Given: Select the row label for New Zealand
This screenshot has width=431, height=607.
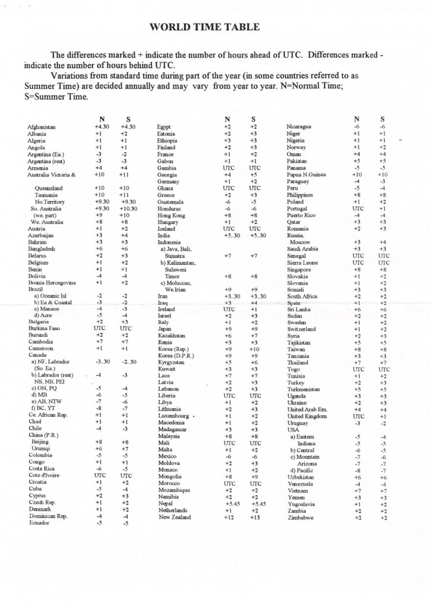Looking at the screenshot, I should pyautogui.click(x=175, y=517).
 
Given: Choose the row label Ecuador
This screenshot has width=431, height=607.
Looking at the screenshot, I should pyautogui.click(x=39, y=523).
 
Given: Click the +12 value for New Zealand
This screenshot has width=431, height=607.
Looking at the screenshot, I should pyautogui.click(x=227, y=517).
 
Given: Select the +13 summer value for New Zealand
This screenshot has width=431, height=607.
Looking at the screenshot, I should pyautogui.click(x=255, y=517).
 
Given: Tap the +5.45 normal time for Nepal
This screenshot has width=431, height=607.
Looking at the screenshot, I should pyautogui.click(x=227, y=503).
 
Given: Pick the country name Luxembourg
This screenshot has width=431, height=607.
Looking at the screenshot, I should pyautogui.click(x=173, y=416).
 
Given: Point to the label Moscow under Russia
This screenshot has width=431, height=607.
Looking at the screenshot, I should pyautogui.click(x=301, y=242).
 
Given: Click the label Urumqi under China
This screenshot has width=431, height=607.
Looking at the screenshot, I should pyautogui.click(x=41, y=449).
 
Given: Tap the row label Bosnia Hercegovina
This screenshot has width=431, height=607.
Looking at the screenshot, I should pyautogui.click(x=55, y=283).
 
